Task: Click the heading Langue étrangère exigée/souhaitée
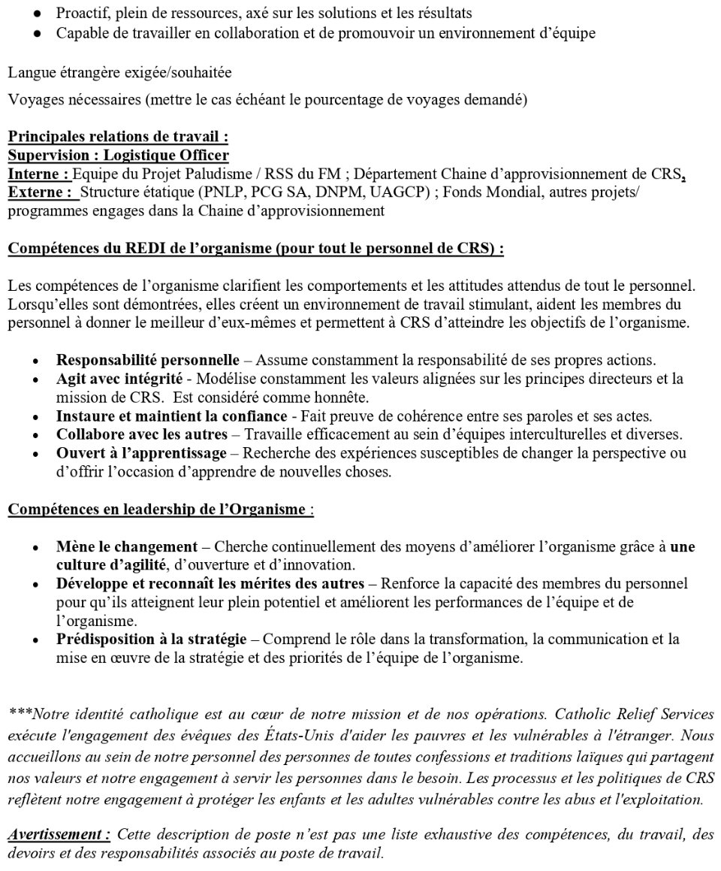tap(119, 73)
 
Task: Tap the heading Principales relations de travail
tap(118, 138)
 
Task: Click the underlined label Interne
tap(39, 174)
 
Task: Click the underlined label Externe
tap(43, 192)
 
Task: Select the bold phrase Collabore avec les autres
tap(141, 434)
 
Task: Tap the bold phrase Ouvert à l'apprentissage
tap(140, 453)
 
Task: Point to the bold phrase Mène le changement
tap(126, 546)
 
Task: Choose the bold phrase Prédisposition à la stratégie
tap(151, 640)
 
